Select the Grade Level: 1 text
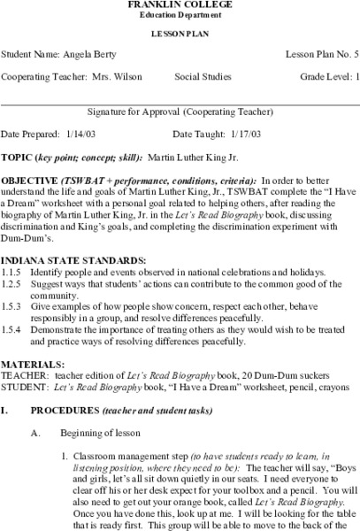tap(325, 78)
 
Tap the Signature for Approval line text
tap(180, 112)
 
